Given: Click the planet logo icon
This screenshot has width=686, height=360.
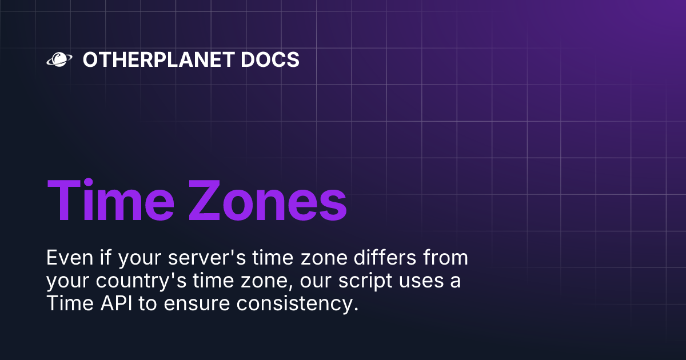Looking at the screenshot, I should coord(58,59).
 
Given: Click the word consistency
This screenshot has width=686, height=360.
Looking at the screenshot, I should coord(298,304).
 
